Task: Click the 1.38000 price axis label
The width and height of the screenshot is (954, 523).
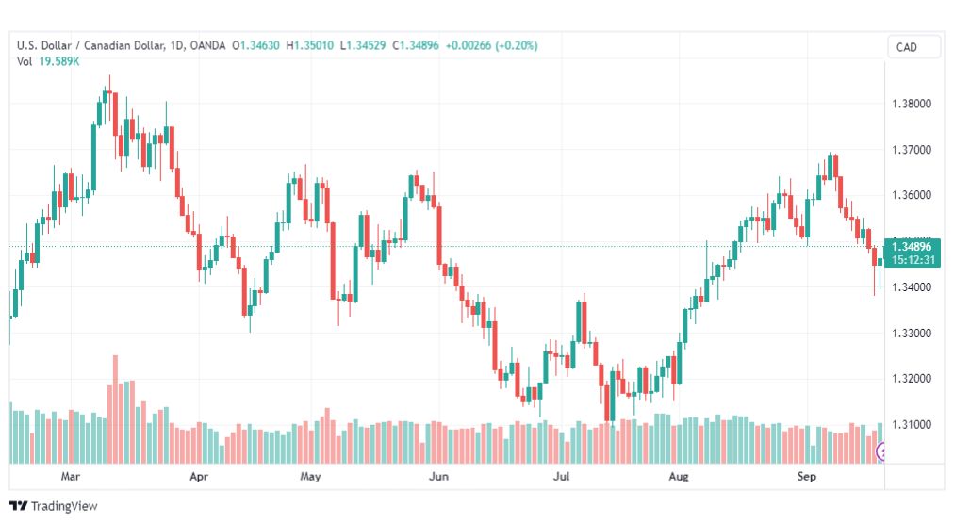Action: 912,104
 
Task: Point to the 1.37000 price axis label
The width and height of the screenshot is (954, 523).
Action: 912,150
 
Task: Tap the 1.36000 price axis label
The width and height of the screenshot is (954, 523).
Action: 912,195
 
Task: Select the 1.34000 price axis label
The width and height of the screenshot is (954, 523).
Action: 912,287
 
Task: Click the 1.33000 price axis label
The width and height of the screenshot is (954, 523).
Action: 912,334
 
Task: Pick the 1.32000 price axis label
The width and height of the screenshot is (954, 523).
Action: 912,379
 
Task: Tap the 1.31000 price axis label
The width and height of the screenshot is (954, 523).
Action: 912,424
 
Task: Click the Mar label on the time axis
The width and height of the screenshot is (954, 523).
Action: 71,476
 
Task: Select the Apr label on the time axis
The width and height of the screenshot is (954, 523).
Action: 199,476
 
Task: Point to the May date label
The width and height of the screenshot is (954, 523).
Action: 310,476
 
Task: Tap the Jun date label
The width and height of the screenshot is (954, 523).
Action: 438,476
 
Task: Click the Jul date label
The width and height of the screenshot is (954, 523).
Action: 562,476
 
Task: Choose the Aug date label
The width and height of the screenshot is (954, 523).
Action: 679,476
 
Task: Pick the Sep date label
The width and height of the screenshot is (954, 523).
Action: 807,476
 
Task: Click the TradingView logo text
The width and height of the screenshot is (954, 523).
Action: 64,506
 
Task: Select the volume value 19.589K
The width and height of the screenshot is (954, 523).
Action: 59,61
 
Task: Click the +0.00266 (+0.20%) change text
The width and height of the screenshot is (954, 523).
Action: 491,45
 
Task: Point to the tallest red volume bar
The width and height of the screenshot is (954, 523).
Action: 116,409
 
